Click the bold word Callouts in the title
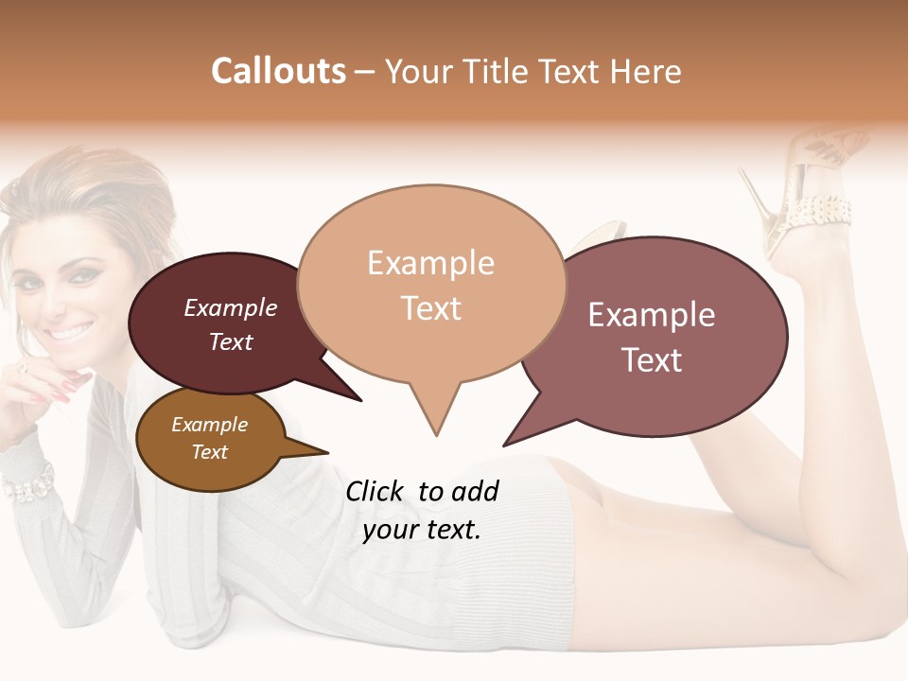[278, 72]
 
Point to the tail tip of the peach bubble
[436, 433]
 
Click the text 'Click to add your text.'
[422, 511]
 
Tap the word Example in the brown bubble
[209, 425]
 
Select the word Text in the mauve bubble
[652, 360]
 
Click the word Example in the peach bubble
[430, 263]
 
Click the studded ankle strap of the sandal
[818, 209]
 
